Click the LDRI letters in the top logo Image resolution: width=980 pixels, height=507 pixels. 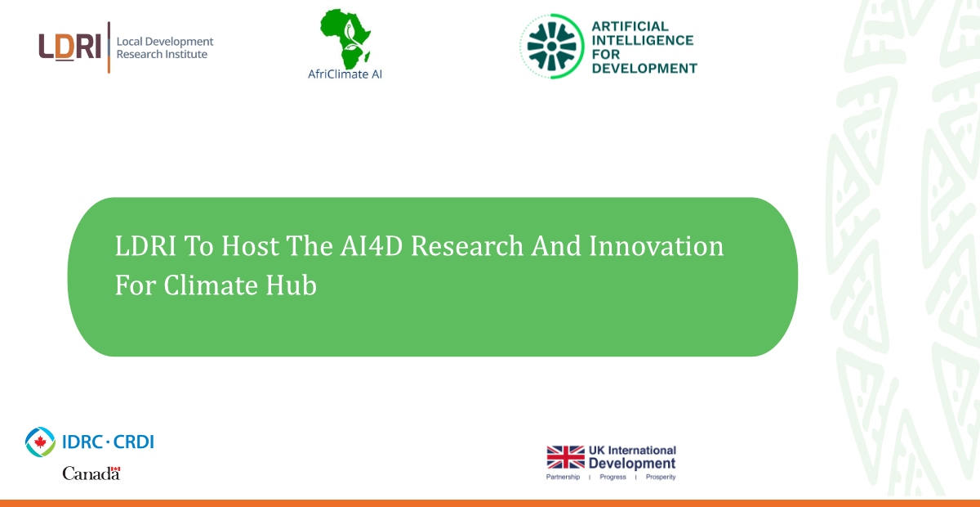(70, 47)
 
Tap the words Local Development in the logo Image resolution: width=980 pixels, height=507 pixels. (165, 42)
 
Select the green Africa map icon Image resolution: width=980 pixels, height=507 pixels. (345, 38)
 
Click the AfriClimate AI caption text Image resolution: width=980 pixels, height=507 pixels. (345, 74)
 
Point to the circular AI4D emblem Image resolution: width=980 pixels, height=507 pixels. (552, 46)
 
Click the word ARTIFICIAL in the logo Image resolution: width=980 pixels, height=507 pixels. (630, 26)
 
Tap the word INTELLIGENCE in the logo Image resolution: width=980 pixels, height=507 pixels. (642, 40)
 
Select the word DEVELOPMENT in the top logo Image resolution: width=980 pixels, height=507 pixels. (644, 69)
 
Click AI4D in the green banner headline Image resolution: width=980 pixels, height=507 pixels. (372, 246)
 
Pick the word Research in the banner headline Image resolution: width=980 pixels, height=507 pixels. (467, 246)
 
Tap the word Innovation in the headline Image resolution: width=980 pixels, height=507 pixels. (657, 246)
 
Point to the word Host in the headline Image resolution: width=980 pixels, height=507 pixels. (250, 246)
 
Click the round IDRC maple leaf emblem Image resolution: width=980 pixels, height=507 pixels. (40, 442)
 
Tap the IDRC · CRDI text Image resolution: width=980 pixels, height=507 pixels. (108, 442)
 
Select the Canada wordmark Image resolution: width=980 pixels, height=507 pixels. (91, 473)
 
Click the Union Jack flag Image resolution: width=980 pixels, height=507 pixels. (565, 457)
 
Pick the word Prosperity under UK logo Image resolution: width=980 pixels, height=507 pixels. (661, 477)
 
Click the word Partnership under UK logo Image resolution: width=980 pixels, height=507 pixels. (563, 477)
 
